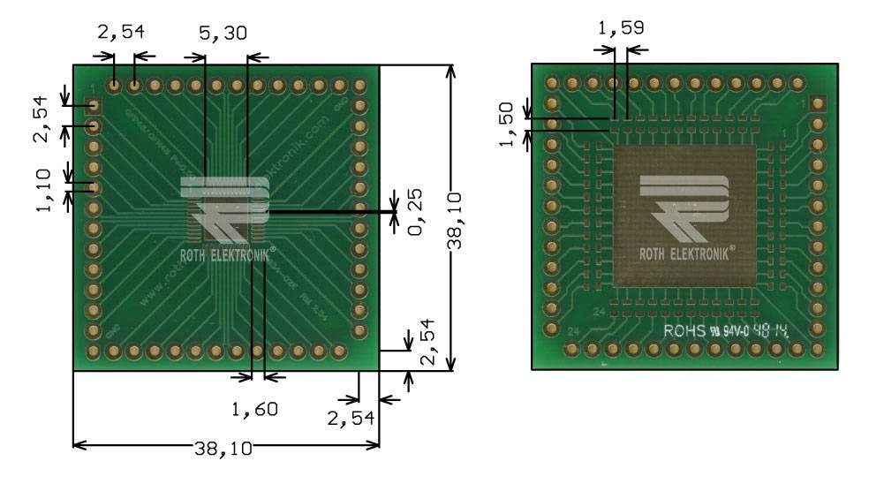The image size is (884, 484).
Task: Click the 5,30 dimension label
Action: (x=223, y=33)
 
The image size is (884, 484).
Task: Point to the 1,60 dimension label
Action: (x=254, y=409)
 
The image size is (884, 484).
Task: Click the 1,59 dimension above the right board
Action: (x=621, y=27)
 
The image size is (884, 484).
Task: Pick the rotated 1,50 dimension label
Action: (x=506, y=124)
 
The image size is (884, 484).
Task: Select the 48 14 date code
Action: (x=770, y=332)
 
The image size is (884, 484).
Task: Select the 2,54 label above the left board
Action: (x=120, y=33)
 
